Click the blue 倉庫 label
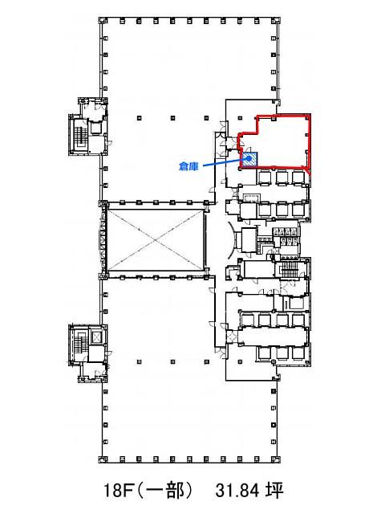189,166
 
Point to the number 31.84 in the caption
237,491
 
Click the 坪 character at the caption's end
274,491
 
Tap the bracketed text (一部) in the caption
164,491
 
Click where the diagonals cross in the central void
155,240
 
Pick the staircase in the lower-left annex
79,345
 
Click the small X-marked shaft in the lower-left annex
96,337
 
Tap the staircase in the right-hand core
288,269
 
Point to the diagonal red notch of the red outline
308,170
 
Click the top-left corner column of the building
103,21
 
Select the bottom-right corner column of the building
277,459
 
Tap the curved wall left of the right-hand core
232,240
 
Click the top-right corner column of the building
277,21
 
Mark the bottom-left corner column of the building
103,459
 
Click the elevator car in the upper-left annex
95,128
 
